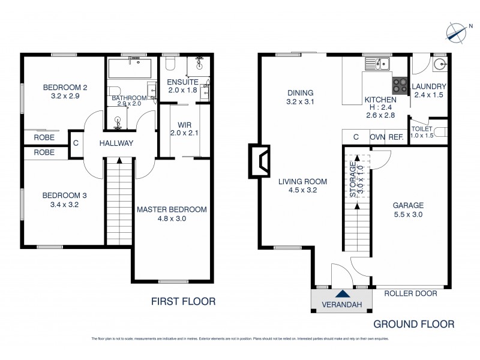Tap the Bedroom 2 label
click(x=65, y=88)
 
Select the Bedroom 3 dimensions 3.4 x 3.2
click(x=65, y=205)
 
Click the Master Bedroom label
click(x=172, y=209)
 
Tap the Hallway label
click(x=116, y=143)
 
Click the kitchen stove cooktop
click(x=400, y=85)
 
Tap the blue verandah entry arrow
click(x=342, y=294)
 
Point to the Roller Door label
click(x=410, y=293)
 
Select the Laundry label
click(x=429, y=86)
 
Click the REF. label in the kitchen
click(x=395, y=137)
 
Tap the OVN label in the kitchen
click(x=377, y=137)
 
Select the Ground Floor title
click(x=414, y=324)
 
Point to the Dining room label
click(x=300, y=93)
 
